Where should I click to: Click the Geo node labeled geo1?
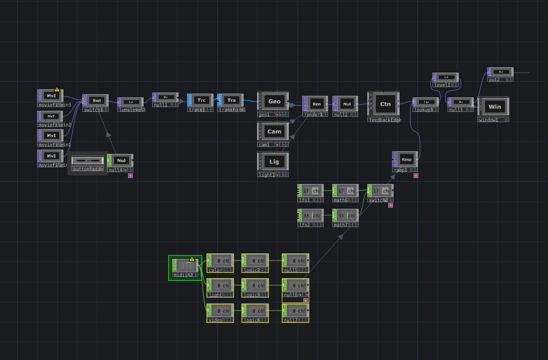(274, 102)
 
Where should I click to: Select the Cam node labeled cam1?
(274, 132)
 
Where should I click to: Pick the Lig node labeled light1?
(274, 161)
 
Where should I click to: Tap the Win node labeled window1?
(494, 107)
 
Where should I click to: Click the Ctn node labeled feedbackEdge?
(385, 104)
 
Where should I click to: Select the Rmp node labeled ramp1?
(406, 159)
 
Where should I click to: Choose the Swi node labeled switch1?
(96, 101)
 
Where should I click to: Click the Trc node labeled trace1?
(201, 100)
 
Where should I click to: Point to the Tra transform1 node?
(231, 100)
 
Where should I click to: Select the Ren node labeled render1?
(316, 104)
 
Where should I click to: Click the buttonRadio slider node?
(88, 161)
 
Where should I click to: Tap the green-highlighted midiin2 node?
(186, 265)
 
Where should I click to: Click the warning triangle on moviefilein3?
(57, 89)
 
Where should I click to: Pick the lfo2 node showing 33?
(311, 215)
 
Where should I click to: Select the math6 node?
(345, 191)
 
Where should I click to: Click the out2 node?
(500, 72)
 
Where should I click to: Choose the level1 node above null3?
(446, 77)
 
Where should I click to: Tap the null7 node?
(295, 311)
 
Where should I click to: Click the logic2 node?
(255, 261)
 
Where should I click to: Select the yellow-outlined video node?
(220, 311)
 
